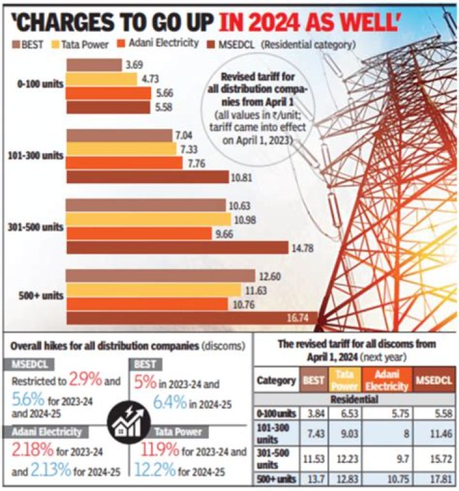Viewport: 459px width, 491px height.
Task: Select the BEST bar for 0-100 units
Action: pos(94,65)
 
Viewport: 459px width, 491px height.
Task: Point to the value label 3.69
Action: pos(135,65)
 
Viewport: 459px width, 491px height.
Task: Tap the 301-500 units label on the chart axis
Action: pos(36,226)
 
